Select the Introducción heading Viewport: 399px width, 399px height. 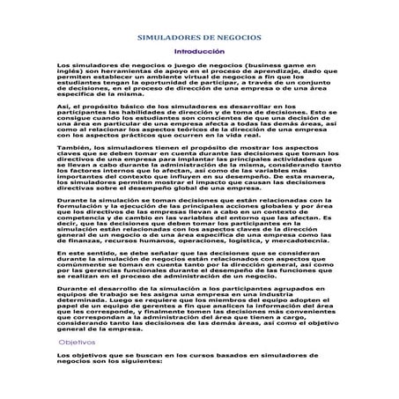point(199,53)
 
